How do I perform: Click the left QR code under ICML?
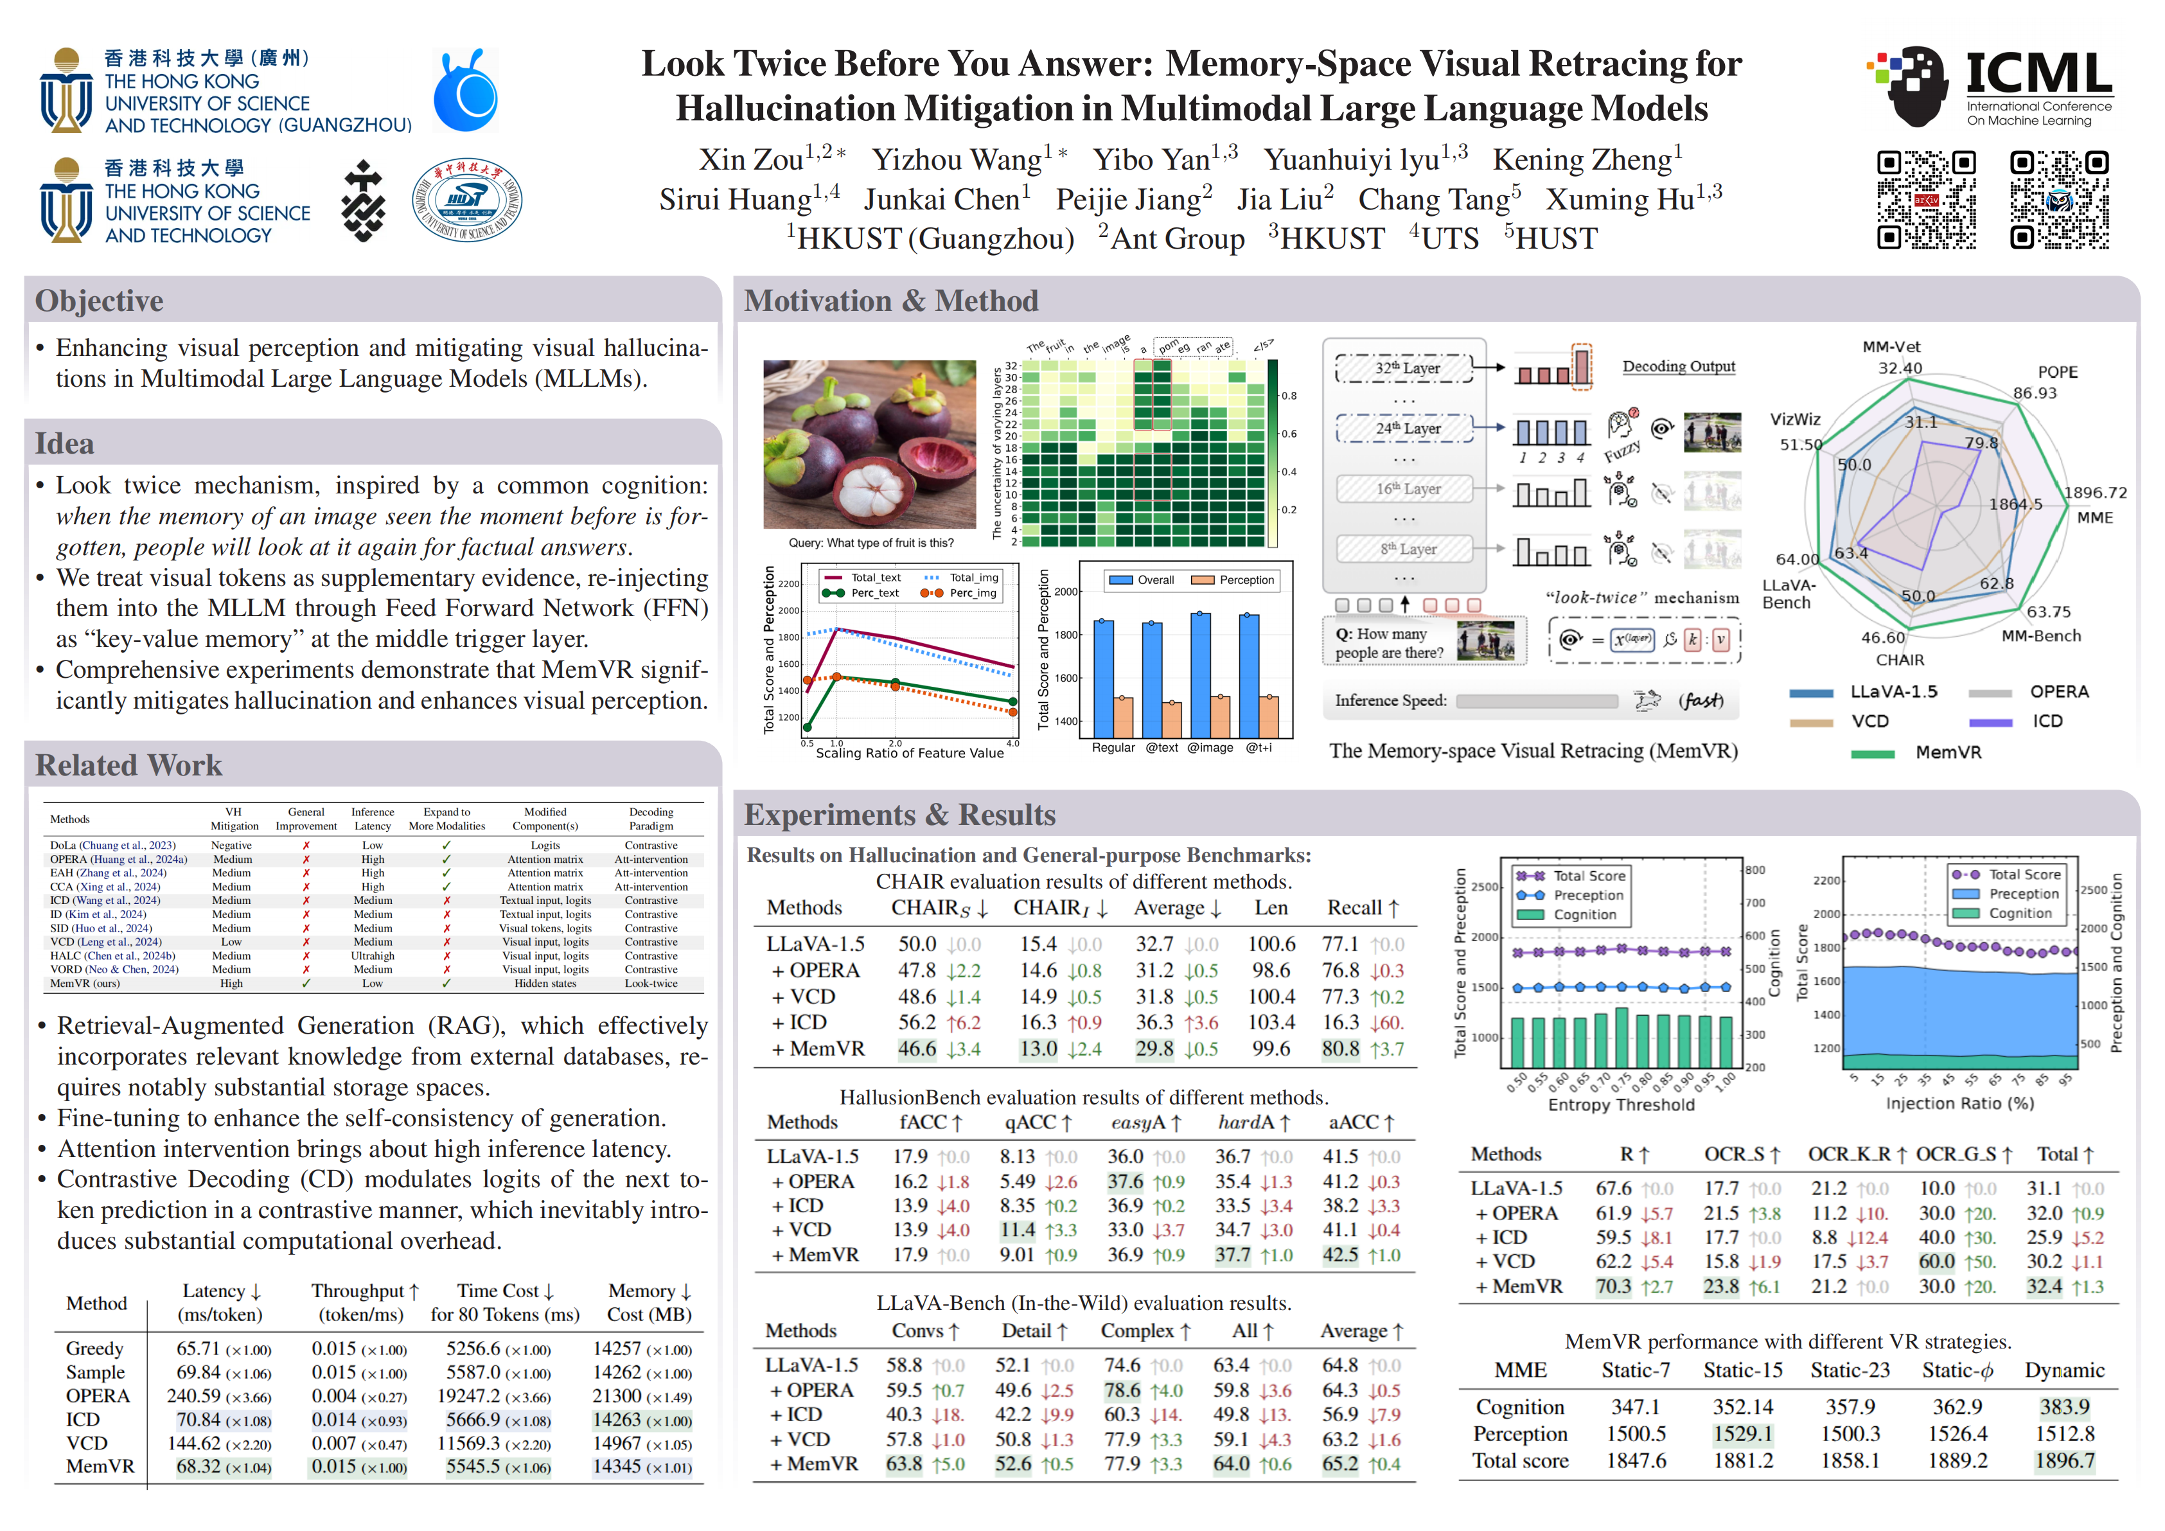(1925, 199)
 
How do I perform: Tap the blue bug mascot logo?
(466, 93)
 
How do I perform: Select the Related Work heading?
(128, 765)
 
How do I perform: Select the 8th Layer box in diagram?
(1405, 549)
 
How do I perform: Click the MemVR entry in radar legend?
(1947, 752)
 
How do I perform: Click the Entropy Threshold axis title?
(1620, 1105)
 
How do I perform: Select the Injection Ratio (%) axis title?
(1959, 1103)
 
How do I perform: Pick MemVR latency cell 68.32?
(199, 1466)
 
